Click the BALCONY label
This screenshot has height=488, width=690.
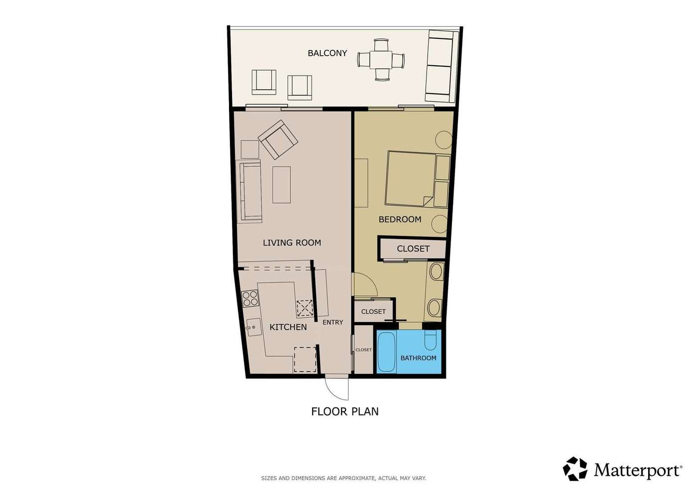(x=327, y=53)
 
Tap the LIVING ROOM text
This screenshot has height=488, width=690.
(x=292, y=243)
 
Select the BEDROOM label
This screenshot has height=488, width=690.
(x=400, y=220)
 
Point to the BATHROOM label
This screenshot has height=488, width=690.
(x=418, y=358)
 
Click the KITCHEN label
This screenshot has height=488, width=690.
(x=288, y=327)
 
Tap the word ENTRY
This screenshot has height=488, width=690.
(x=333, y=322)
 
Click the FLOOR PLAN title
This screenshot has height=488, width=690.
(x=345, y=411)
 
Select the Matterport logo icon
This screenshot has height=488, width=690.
(x=575, y=469)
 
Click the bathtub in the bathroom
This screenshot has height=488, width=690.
(x=386, y=352)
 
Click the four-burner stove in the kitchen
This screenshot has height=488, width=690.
(x=250, y=298)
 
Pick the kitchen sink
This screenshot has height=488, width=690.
(x=254, y=327)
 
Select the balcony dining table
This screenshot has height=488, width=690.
(x=381, y=60)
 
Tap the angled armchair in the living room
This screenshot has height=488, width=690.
(x=278, y=139)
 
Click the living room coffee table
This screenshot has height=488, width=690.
(x=282, y=185)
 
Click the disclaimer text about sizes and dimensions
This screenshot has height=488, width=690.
(x=344, y=478)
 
